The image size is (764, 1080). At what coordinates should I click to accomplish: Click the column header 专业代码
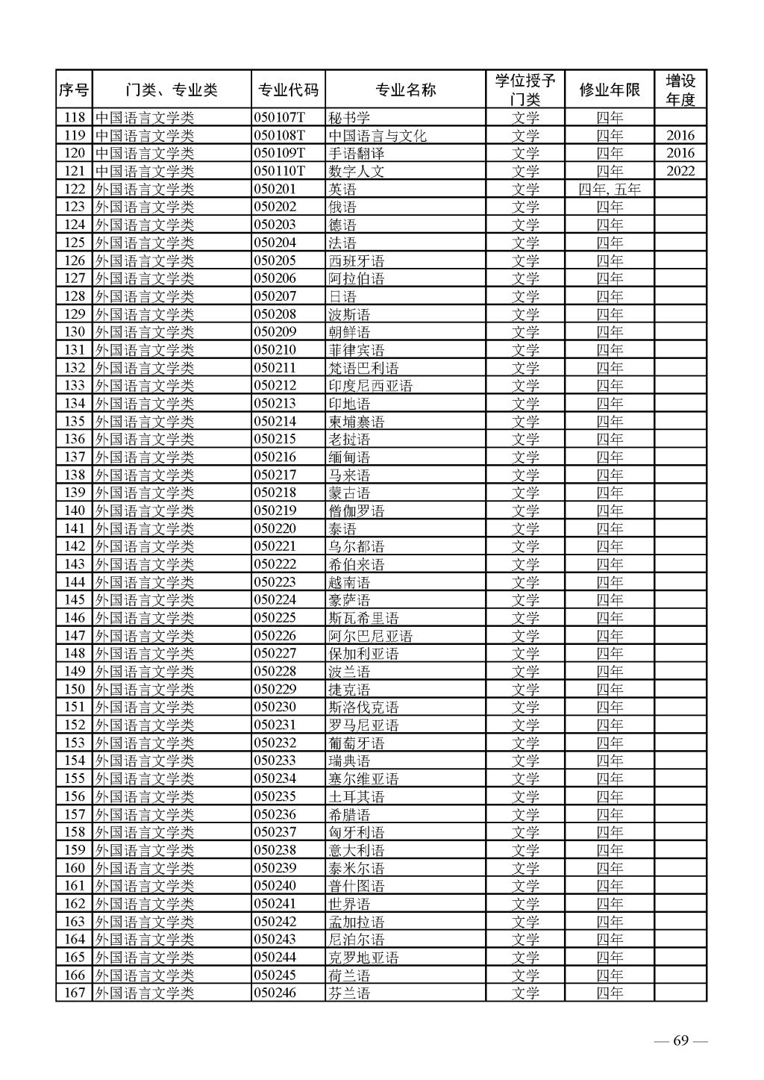tap(288, 90)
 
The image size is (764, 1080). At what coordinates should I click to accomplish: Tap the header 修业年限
tap(610, 90)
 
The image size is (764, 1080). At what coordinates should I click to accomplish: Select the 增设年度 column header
tap(680, 90)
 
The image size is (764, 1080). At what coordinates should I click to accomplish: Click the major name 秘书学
tap(349, 118)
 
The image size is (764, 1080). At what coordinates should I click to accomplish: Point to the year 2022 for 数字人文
tap(680, 171)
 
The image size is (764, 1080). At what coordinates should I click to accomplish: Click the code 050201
tap(275, 189)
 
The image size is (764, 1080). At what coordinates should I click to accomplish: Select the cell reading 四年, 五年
tap(610, 189)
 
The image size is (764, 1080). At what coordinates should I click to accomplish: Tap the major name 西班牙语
tap(357, 260)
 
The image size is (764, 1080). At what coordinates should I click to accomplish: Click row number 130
tap(75, 332)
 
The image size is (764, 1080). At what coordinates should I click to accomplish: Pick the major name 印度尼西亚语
tap(371, 386)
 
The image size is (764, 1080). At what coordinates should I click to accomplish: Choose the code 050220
tap(275, 528)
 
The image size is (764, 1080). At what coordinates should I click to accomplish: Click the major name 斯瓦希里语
tap(363, 618)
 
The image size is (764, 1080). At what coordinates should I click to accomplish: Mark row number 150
tap(75, 689)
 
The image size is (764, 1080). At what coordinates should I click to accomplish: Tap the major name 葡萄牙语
tap(357, 743)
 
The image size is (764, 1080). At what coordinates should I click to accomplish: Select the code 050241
tap(275, 904)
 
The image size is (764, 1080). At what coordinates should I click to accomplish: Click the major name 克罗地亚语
tap(363, 958)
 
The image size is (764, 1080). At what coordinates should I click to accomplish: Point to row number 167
tap(75, 993)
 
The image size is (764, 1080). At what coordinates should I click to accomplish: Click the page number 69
tap(680, 1041)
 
